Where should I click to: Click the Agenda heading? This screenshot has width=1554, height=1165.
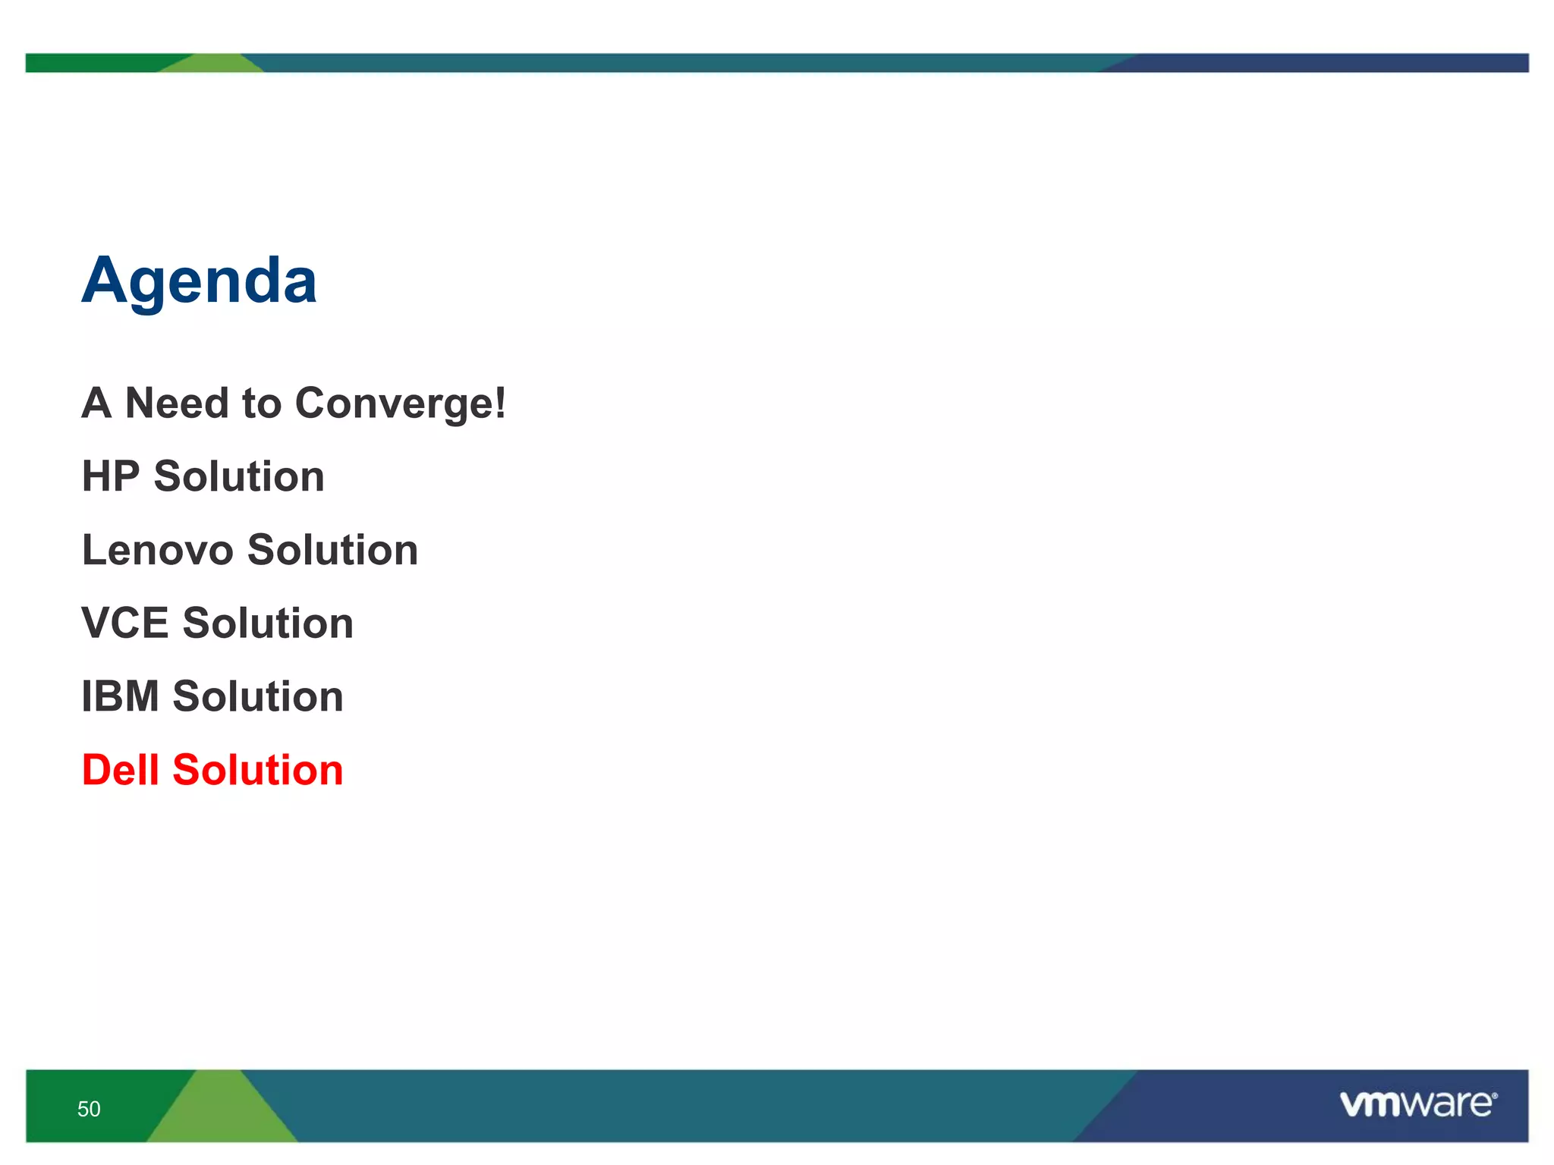coord(199,281)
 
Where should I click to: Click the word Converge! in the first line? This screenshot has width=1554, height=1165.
coord(400,404)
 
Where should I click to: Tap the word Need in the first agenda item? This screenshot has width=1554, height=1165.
coord(176,403)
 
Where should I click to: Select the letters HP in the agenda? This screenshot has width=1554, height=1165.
coord(110,476)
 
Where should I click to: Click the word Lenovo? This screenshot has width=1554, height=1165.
coord(157,550)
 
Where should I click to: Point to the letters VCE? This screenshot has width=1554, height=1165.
coord(124,623)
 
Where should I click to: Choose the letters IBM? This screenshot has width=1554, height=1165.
coord(120,696)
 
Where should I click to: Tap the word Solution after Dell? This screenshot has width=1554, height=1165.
coord(258,770)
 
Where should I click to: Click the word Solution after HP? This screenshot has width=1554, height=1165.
coord(239,476)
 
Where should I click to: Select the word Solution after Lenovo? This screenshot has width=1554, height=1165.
coord(332,550)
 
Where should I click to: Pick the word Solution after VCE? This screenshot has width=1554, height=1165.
coord(268,623)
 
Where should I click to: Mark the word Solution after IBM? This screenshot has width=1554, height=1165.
coord(258,696)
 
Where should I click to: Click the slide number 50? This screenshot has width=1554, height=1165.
coord(89,1109)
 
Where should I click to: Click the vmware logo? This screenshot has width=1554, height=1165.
coord(1416,1104)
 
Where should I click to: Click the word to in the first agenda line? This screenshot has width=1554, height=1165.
coord(261,404)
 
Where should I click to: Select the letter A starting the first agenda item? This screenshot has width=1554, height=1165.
coord(96,403)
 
